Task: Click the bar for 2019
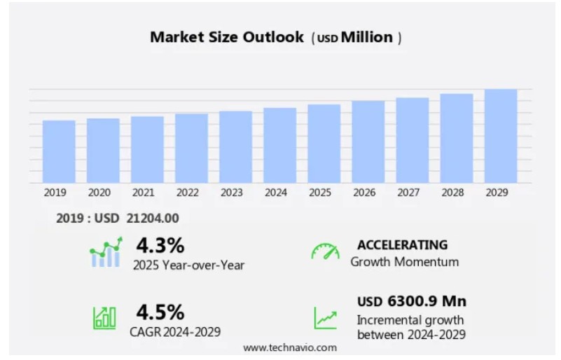click(59, 151)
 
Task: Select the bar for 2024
click(280, 145)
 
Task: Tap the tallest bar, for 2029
click(501, 136)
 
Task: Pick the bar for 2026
click(368, 141)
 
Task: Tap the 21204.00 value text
click(153, 219)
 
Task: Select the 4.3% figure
click(160, 245)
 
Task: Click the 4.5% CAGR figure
click(160, 311)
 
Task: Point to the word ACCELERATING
click(402, 244)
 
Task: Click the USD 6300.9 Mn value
click(412, 301)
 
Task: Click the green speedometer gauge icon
click(325, 252)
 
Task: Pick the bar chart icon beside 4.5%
click(104, 318)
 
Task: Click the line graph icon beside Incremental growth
click(325, 318)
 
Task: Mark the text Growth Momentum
click(405, 262)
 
